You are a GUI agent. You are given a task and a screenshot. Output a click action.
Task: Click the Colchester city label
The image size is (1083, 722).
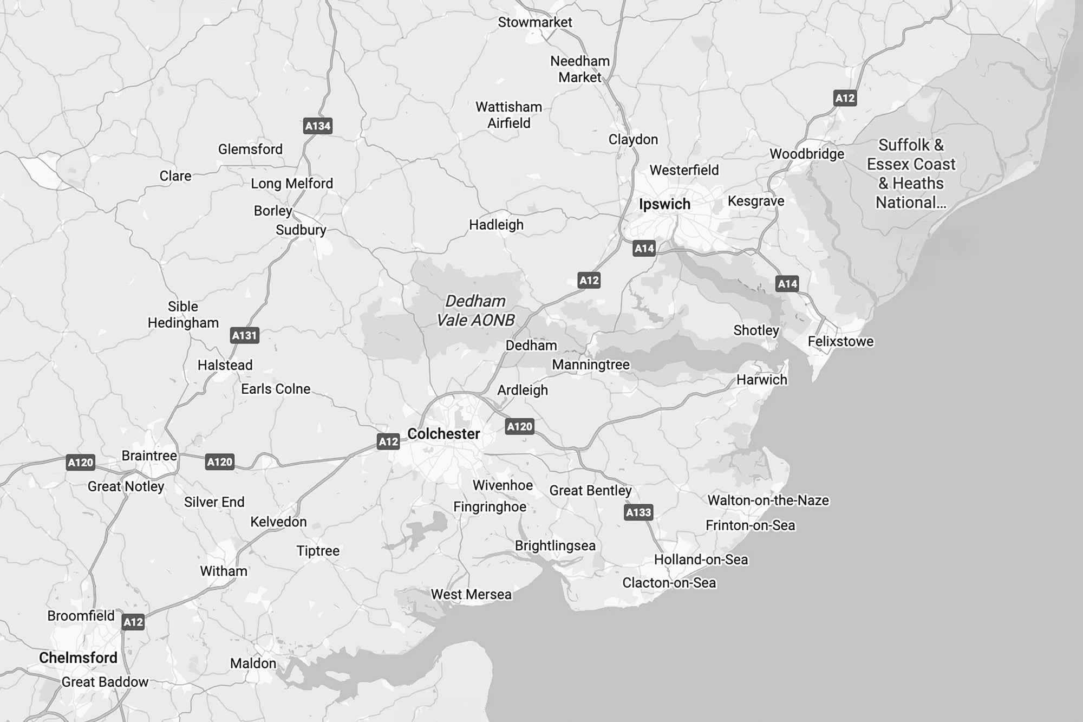[x=443, y=434]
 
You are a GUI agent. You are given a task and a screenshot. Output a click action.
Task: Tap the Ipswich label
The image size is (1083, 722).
[x=664, y=204]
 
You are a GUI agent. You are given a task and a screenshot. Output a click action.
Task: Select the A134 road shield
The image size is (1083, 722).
[x=318, y=126]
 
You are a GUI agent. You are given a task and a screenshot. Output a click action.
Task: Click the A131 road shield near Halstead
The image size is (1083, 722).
[x=244, y=335]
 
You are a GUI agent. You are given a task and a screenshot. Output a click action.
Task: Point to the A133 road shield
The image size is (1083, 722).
[x=638, y=512]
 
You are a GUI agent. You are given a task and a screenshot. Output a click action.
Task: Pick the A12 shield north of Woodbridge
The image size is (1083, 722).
[x=845, y=98]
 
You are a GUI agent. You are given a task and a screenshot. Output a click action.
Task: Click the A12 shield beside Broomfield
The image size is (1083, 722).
[x=133, y=622]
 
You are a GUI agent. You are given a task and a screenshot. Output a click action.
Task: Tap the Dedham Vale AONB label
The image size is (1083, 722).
[x=475, y=311]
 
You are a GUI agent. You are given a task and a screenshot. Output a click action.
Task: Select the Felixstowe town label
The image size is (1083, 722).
[x=840, y=341]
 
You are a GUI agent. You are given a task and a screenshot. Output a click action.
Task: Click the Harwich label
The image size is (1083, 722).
[x=761, y=380]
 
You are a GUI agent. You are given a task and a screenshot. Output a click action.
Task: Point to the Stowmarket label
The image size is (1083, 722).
[x=534, y=22]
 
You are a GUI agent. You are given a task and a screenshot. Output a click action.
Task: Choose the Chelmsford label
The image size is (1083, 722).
[x=78, y=658]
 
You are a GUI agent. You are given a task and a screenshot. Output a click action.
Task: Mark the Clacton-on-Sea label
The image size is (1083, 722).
[x=669, y=583]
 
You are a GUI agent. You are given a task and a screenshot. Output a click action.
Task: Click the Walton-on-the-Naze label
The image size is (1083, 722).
[x=768, y=500]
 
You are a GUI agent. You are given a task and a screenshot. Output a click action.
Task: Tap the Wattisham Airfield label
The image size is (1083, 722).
[x=508, y=115]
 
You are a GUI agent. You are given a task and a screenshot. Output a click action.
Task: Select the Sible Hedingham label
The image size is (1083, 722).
[x=183, y=315]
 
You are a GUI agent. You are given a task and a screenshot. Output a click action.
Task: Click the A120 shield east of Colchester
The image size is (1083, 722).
[x=520, y=426]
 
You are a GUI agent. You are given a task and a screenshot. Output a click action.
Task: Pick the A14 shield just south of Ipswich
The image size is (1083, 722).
[x=644, y=249]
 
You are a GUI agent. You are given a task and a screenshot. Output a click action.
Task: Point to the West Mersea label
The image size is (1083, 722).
[x=471, y=594]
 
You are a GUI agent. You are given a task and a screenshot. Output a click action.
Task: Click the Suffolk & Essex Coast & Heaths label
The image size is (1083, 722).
[x=911, y=173]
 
